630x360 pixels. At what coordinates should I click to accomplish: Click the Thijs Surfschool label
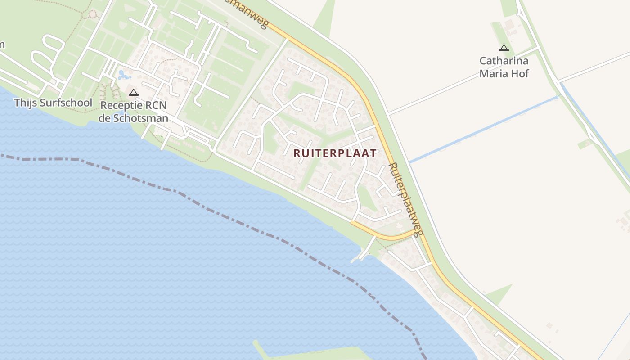53,103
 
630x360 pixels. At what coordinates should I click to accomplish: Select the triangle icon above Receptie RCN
133,93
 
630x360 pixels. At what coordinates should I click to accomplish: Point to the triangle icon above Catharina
504,48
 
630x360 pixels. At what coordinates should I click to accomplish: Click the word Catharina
504,61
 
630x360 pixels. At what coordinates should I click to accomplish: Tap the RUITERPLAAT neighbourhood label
335,153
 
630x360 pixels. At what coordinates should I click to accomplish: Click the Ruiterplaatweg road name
406,199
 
